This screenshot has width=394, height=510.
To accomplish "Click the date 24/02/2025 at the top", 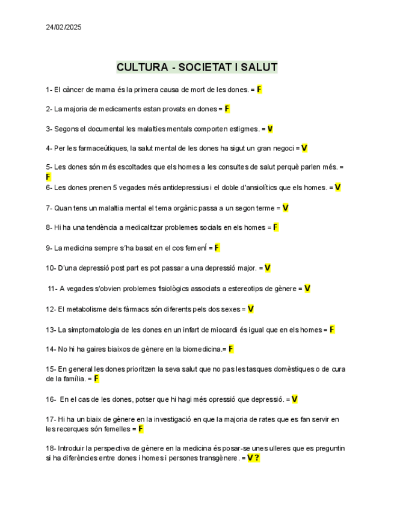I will [63, 27].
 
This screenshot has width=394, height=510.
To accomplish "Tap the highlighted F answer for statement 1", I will [259, 90].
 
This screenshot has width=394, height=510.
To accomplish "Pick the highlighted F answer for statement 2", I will [227, 109].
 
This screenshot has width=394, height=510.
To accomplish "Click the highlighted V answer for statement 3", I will [270, 129].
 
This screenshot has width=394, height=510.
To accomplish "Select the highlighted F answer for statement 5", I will [48, 177].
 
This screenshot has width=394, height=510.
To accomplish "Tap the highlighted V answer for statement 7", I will [285, 208].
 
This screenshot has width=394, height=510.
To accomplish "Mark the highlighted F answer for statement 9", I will [217, 247].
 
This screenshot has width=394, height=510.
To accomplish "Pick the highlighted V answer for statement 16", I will [295, 399].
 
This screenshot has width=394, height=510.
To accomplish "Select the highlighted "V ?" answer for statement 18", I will [253, 458].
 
